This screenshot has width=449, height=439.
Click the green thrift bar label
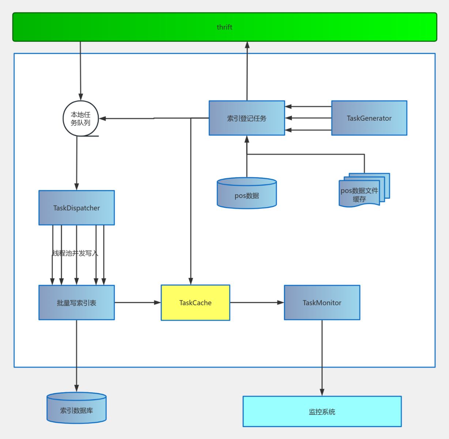point(224,27)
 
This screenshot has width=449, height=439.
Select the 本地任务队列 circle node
point(81,119)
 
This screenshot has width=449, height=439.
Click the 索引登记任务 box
point(247,118)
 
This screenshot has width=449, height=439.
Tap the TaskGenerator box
point(369,118)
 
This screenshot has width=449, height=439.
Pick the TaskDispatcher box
point(76,208)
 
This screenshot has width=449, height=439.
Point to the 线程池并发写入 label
point(75,253)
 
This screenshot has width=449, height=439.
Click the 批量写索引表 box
point(76,303)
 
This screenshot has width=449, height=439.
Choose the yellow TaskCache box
point(195,303)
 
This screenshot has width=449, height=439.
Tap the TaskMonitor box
point(322,303)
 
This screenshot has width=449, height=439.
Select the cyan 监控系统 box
point(322,412)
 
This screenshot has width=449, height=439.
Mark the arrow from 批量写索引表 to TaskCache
point(137,303)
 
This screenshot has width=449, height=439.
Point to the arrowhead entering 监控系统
point(322,392)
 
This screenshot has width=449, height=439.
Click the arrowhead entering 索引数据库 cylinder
point(76,388)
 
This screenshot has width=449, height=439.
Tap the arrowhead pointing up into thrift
point(247,45)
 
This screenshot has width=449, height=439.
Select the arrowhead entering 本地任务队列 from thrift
point(80,97)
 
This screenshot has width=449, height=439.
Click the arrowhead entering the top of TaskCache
point(190,281)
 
